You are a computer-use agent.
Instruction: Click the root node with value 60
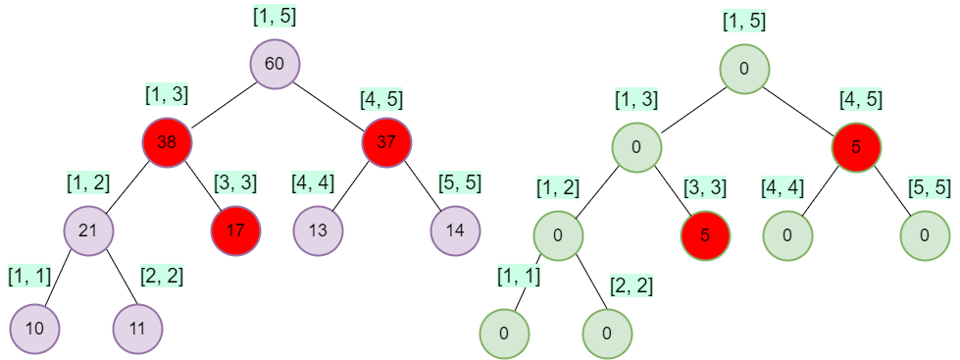tap(275, 64)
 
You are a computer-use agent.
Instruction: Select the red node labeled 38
tap(167, 142)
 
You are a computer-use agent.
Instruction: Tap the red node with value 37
tap(386, 142)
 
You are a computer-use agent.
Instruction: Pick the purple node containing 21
tap(89, 231)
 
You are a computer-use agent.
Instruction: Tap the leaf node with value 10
tap(34, 328)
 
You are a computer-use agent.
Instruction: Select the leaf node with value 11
tap(137, 328)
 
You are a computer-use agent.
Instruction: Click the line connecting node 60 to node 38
tap(221, 103)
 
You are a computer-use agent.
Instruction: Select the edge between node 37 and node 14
tap(422, 187)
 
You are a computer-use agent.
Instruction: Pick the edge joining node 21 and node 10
tap(61, 281)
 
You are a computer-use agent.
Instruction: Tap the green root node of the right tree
tap(744, 69)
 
